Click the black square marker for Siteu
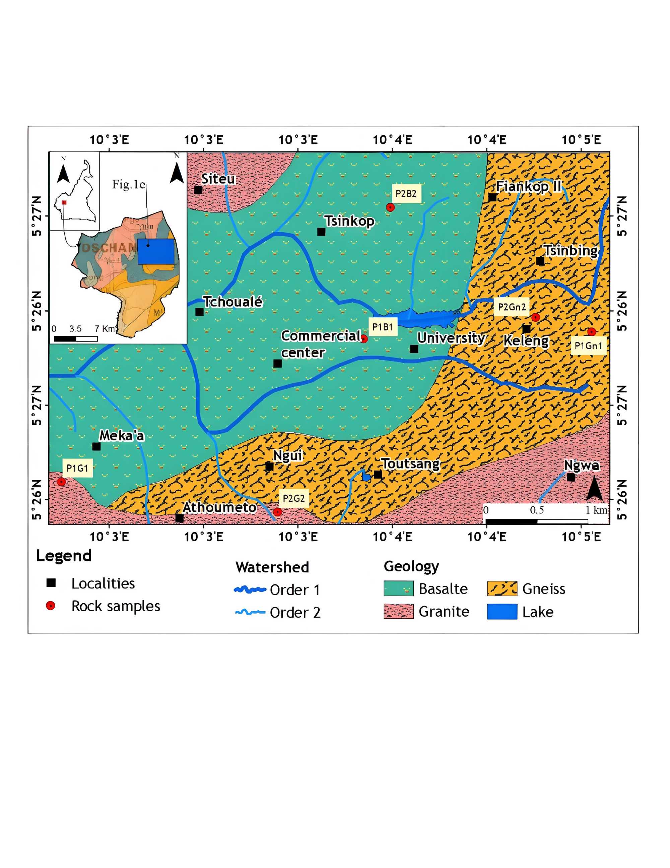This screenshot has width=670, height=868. click(x=198, y=190)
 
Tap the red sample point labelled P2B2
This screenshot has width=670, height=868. click(x=390, y=207)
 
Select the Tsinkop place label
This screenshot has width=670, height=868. click(x=349, y=221)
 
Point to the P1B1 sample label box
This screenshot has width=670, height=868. click(x=382, y=327)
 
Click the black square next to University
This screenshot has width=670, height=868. click(x=414, y=349)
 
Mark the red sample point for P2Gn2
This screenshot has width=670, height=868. click(x=535, y=317)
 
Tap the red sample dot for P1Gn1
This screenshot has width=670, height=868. click(x=592, y=331)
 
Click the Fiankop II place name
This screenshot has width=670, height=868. click(x=529, y=186)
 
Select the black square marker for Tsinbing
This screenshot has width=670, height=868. click(x=540, y=261)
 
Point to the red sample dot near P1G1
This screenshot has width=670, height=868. click(x=61, y=482)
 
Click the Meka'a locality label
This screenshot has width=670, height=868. click(x=121, y=436)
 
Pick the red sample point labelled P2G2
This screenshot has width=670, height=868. click(x=277, y=512)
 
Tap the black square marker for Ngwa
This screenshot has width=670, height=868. click(x=571, y=477)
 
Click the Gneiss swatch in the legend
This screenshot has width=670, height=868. click(x=502, y=588)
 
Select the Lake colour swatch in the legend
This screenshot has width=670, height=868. click(x=502, y=612)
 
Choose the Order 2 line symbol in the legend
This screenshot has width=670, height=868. click(x=250, y=612)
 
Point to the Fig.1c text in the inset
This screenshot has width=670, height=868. click(x=128, y=184)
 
